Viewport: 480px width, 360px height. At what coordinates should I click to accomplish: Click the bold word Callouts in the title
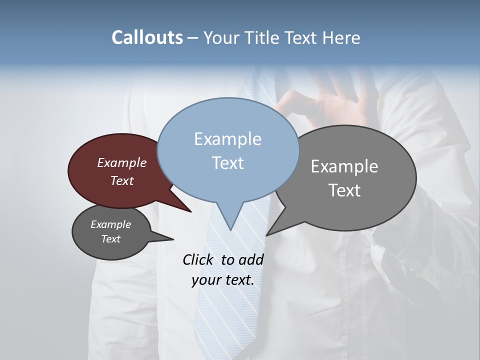click(147, 37)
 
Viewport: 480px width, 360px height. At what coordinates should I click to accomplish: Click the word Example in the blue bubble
click(227, 139)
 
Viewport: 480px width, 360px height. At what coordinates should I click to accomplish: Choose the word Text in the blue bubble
click(227, 163)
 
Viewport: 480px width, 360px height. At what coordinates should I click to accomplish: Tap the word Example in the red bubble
click(122, 162)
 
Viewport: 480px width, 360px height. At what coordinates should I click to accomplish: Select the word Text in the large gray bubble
click(344, 190)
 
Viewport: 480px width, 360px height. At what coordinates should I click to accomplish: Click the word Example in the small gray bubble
click(111, 224)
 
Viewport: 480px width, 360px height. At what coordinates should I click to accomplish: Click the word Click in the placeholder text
click(198, 259)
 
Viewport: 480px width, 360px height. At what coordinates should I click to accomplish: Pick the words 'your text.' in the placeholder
click(223, 280)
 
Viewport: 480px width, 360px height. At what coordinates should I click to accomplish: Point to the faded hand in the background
click(330, 102)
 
